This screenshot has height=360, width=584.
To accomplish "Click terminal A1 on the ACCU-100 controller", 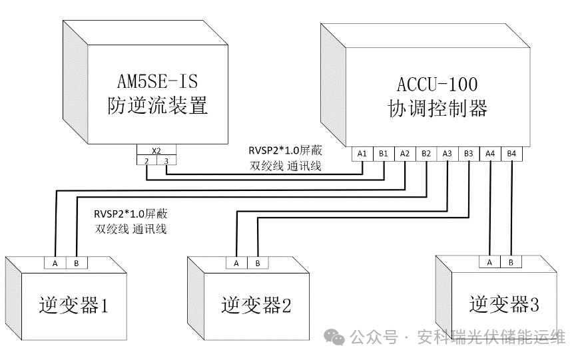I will (362, 154).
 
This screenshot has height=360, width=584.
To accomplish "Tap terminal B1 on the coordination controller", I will (384, 154).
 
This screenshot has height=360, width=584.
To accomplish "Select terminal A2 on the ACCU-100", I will (405, 154).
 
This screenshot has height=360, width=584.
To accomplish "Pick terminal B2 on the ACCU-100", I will (426, 154).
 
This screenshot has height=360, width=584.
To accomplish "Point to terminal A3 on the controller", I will (447, 154).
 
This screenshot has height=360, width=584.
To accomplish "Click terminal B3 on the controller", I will (469, 154).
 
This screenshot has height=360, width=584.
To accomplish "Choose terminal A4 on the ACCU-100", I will (490, 154).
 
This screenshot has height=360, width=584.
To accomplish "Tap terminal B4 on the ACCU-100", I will (511, 154).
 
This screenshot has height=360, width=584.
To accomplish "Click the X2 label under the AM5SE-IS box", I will (156, 150).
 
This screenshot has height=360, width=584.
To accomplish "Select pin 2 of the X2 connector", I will (146, 160).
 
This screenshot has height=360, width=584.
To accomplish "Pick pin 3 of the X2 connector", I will (166, 160).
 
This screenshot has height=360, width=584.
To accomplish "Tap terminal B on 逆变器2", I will (258, 263).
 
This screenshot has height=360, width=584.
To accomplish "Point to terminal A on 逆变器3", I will (490, 262).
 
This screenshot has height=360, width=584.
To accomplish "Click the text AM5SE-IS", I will (158, 82).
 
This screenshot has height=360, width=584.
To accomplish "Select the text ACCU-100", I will (437, 85).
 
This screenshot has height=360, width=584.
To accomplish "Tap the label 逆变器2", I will (256, 305).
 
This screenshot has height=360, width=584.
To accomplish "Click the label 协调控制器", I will (438, 108).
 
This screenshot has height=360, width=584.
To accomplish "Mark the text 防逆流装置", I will (158, 106).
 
